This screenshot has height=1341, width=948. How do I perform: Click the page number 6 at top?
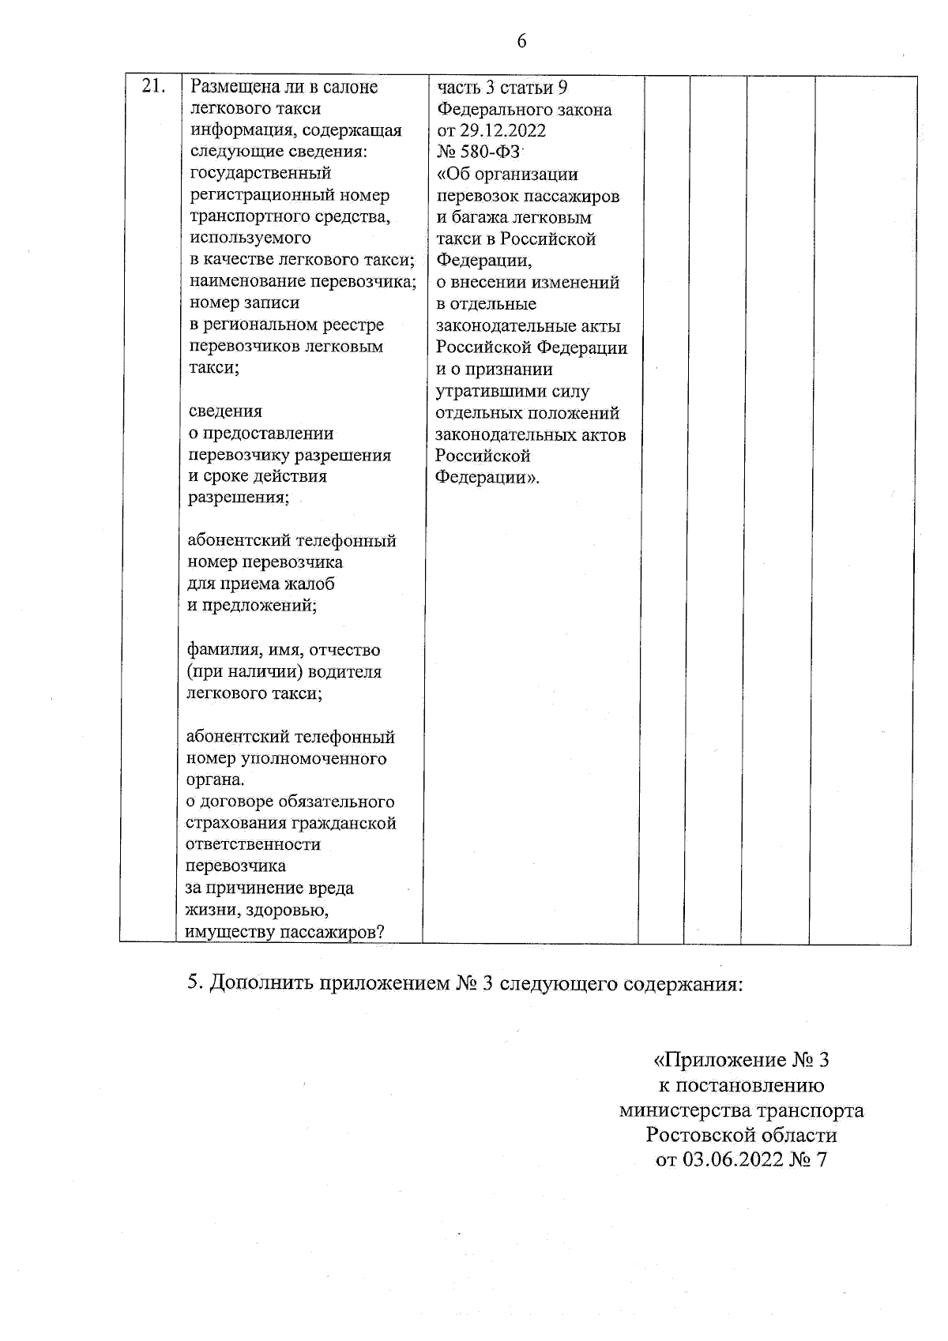pos(521,41)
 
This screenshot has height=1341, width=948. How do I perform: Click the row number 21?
pos(153,86)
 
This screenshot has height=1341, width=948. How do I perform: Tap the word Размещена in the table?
pos(231,87)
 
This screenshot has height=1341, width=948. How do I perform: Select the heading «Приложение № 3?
pos(741,1060)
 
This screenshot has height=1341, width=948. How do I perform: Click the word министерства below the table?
pos(685,1110)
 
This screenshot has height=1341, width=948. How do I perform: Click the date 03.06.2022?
pos(728,1160)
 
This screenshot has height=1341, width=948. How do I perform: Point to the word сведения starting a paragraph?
pos(225,411)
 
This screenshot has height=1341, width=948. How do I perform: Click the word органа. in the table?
pos(215,780)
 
